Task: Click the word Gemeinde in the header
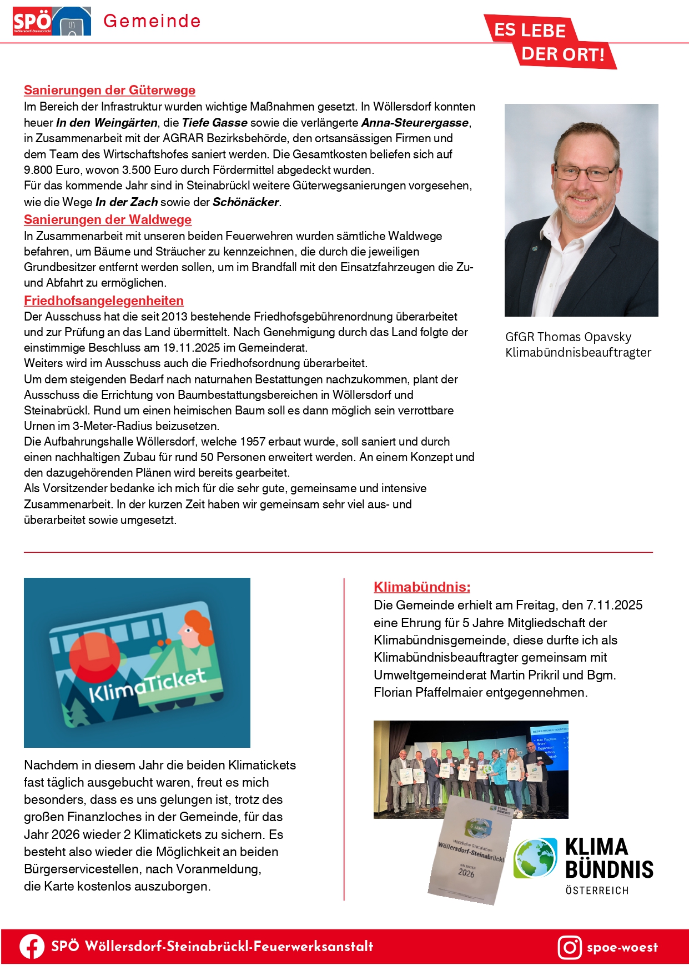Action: click(152, 21)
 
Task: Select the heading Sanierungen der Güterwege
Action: click(109, 90)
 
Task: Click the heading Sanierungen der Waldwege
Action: click(108, 219)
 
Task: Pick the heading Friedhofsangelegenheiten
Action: click(104, 301)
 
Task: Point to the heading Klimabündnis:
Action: click(422, 587)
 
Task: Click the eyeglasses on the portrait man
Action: click(585, 172)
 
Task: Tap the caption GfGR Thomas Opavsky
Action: click(568, 337)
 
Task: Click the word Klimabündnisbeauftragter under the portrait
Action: click(578, 352)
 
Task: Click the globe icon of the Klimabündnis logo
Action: click(535, 858)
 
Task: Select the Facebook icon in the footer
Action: click(32, 947)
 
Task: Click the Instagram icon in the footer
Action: click(570, 947)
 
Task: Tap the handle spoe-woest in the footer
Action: click(622, 947)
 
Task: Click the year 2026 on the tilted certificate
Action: click(466, 873)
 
